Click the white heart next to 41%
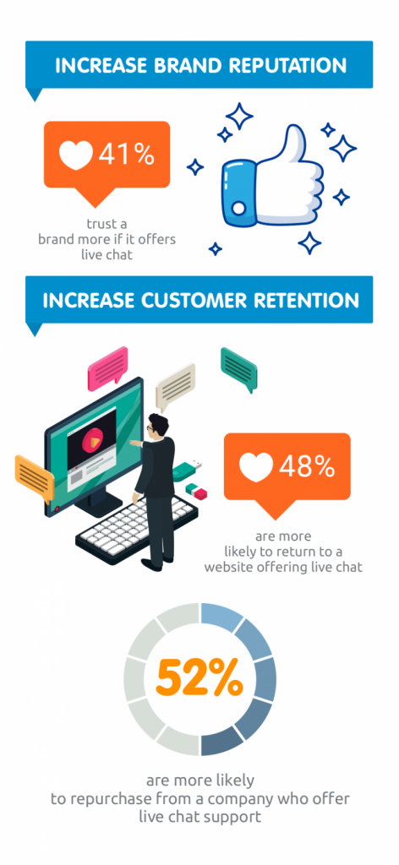pyautogui.click(x=76, y=155)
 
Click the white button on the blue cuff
pyautogui.click(x=238, y=208)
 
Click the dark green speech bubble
pyautogui.click(x=239, y=369)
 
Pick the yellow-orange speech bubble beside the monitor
pyautogui.click(x=34, y=477)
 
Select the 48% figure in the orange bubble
pyautogui.click(x=307, y=466)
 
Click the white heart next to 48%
pyautogui.click(x=256, y=466)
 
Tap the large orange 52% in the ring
pyautogui.click(x=199, y=678)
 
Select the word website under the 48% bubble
pyautogui.click(x=232, y=566)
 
